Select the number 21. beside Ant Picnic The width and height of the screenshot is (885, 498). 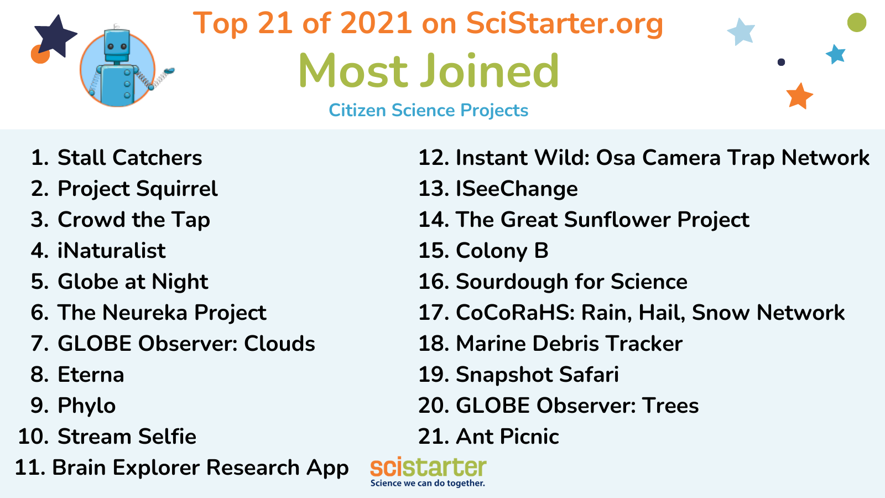pos(434,437)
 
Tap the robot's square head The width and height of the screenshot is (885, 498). pos(117,45)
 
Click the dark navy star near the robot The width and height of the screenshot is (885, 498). pos(55,35)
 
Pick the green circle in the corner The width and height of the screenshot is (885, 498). pos(857,22)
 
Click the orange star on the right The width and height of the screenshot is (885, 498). pos(799,96)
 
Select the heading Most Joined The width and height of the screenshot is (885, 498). pos(429,71)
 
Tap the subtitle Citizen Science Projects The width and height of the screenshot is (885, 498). pos(428,110)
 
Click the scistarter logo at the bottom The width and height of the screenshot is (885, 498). pos(428,472)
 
